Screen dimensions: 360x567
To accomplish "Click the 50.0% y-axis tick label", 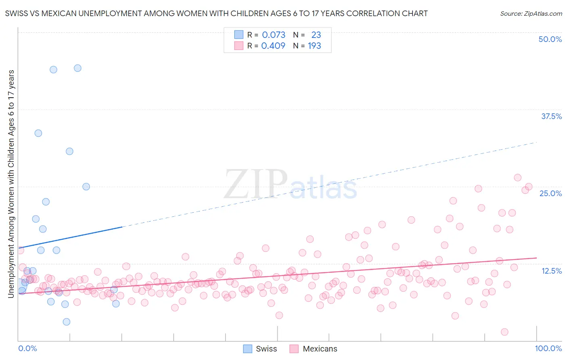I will point(550,39).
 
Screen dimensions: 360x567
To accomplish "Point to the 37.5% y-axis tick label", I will point(551,116).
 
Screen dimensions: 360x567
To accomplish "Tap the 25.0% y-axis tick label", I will point(550,193).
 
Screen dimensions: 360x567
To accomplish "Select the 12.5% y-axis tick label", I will point(551,271).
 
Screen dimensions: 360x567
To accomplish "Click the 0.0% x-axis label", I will point(27,348).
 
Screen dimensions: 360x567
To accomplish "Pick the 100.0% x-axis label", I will point(548,348).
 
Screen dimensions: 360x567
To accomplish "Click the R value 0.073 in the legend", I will point(273,35).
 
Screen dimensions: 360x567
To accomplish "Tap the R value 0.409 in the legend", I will point(273,46).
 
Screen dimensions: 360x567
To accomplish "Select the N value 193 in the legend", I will point(314,46).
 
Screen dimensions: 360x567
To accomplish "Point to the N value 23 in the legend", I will point(316,35).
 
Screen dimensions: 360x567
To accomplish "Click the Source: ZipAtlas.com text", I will point(531,13).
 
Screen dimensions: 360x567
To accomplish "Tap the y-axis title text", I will point(11,184).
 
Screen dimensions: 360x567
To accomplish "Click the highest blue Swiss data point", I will point(77,68).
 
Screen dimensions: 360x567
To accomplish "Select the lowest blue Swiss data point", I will point(67,322).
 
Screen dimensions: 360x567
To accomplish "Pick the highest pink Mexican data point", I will point(517,178).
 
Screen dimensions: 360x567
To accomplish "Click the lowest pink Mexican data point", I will point(504,332).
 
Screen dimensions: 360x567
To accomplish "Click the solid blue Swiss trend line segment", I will point(71,238).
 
